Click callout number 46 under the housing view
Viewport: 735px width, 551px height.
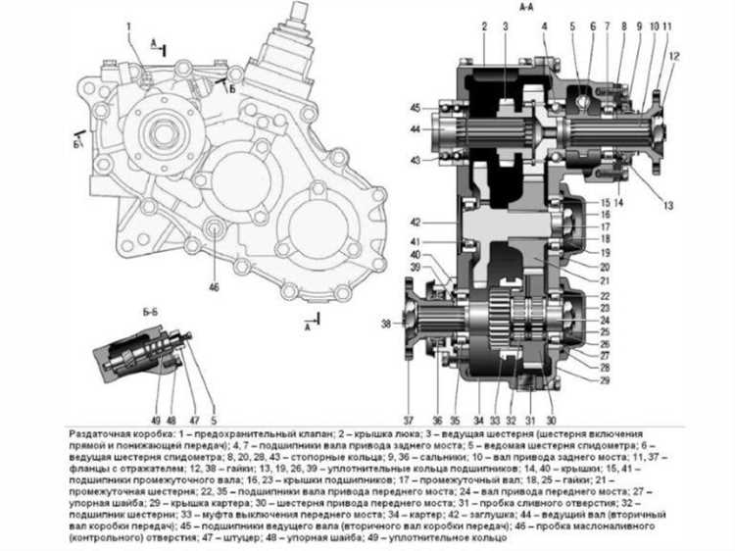click(x=214, y=287)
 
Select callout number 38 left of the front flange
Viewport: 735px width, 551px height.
click(x=386, y=323)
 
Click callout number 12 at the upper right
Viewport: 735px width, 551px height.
click(x=674, y=56)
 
